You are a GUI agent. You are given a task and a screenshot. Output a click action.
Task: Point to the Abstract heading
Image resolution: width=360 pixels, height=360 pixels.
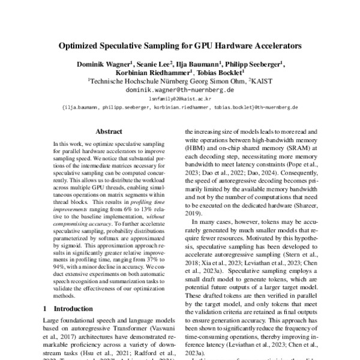(x=109, y=131)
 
